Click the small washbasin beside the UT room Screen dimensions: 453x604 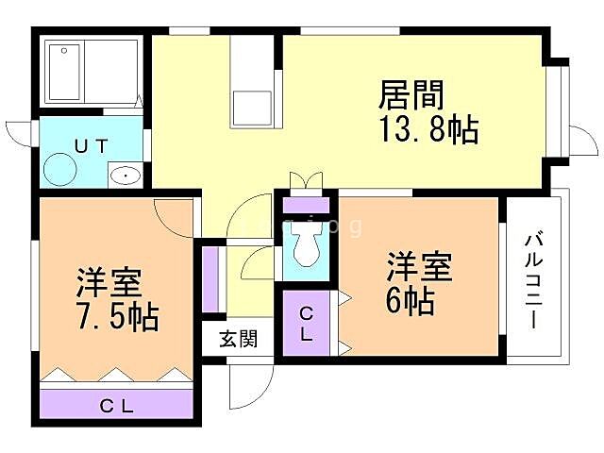tap(124, 175)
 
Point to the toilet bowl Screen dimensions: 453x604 tap(306, 248)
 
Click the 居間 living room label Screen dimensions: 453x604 tap(411, 95)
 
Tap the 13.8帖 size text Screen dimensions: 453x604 tap(428, 130)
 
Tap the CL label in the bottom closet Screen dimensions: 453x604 tap(117, 407)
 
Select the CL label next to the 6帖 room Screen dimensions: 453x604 tap(307, 324)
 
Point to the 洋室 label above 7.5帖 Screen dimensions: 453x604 tap(109, 282)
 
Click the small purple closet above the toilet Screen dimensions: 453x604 tap(306, 203)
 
